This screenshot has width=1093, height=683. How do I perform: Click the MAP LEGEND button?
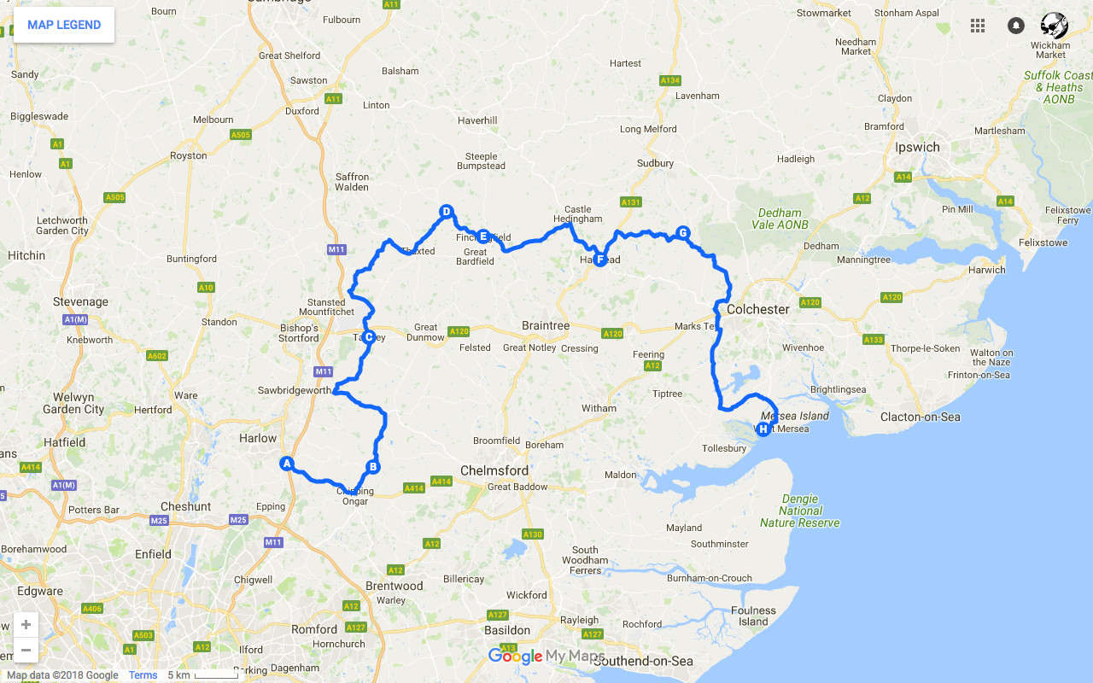point(64,25)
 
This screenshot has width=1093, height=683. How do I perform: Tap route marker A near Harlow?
point(287,464)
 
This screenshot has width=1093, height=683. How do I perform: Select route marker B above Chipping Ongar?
point(372,467)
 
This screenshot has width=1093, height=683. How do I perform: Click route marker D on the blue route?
point(445,212)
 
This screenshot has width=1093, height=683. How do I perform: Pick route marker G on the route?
point(682,233)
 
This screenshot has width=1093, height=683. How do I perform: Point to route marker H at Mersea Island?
point(763,429)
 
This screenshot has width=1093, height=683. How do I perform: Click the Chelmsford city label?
point(494,470)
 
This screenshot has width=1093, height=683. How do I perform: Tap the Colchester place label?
point(758,309)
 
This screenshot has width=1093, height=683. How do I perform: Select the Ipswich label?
point(917,147)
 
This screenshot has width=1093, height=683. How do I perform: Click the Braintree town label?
point(546,326)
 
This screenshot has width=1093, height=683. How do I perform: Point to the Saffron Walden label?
point(352,182)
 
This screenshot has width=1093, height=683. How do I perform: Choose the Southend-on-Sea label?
point(642,661)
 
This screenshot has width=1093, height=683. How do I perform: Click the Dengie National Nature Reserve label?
point(800,511)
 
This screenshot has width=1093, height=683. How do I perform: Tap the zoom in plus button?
point(26,624)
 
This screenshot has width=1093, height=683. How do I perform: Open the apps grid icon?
point(978,26)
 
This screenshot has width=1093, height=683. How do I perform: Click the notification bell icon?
point(1015,26)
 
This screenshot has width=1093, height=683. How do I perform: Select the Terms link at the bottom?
point(143,675)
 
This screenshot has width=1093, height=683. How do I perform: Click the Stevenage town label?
point(80,301)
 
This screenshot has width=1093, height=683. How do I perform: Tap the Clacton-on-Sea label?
point(920,417)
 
